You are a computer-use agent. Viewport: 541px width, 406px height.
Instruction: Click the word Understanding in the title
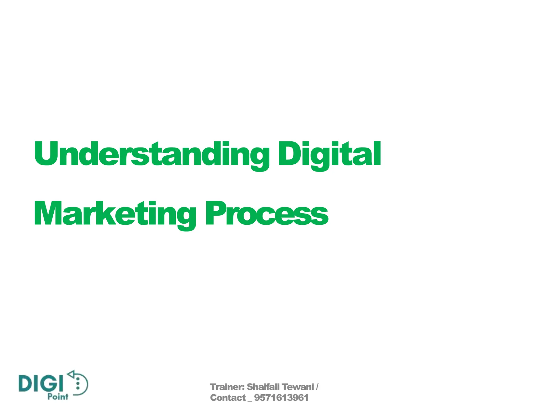pyautogui.click(x=152, y=154)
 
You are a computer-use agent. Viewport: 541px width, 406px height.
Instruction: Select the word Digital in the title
pyautogui.click(x=329, y=154)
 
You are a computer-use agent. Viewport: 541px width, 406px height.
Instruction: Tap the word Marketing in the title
pyautogui.click(x=115, y=214)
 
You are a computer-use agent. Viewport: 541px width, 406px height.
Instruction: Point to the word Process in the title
pyautogui.click(x=267, y=214)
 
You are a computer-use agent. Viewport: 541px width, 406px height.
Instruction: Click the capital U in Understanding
pyautogui.click(x=46, y=153)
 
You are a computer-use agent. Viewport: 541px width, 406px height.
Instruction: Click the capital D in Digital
pyautogui.click(x=289, y=153)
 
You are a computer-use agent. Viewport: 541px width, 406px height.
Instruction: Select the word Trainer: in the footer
pyautogui.click(x=227, y=387)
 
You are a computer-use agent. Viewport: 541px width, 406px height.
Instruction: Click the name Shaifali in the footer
pyautogui.click(x=263, y=387)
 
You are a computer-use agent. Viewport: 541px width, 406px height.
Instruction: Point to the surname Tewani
pyautogui.click(x=297, y=387)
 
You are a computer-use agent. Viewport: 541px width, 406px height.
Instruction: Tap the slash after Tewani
pyautogui.click(x=317, y=387)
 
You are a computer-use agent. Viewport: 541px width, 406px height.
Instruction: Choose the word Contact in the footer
pyautogui.click(x=228, y=398)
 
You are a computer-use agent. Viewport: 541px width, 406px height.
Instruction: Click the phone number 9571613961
pyautogui.click(x=281, y=398)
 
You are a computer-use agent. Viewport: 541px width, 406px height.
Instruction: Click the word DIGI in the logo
pyautogui.click(x=41, y=384)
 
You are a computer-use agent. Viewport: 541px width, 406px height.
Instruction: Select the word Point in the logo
pyautogui.click(x=58, y=397)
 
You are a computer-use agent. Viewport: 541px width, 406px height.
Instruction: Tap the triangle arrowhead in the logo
pyautogui.click(x=71, y=374)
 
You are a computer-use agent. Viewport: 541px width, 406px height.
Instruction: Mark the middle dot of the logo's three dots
pyautogui.click(x=78, y=384)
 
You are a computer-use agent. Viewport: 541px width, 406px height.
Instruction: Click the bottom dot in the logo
pyautogui.click(x=78, y=388)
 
